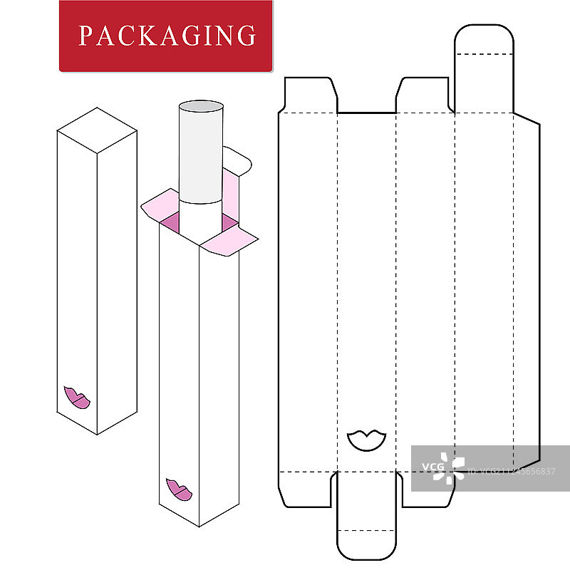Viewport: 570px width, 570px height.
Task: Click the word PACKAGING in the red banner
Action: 167,35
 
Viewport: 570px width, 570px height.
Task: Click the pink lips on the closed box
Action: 76,398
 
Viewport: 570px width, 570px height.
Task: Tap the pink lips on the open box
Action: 179,490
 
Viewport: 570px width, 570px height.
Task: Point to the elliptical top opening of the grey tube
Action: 201,108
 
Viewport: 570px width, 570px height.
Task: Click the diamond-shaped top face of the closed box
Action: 97,129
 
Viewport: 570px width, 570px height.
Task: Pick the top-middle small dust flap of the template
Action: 424,96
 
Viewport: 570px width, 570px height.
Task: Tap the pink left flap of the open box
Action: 160,204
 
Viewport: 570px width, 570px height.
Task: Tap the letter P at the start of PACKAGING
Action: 85,36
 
